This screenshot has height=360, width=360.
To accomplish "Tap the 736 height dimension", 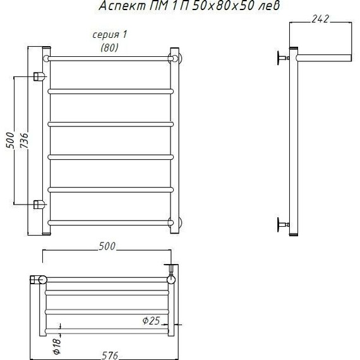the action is pos(24,140).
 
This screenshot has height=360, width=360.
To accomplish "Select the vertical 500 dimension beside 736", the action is pos(10,140).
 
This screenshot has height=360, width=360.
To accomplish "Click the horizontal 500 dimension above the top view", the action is pos(107,246).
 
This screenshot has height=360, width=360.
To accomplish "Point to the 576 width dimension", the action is pos(110,356).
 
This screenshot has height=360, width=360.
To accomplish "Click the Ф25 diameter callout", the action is pos(151,320).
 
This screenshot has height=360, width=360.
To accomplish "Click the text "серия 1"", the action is pos(109,35).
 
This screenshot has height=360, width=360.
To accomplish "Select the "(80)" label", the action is pos(109,48).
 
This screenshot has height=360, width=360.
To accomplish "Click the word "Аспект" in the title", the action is pos(122,6).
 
